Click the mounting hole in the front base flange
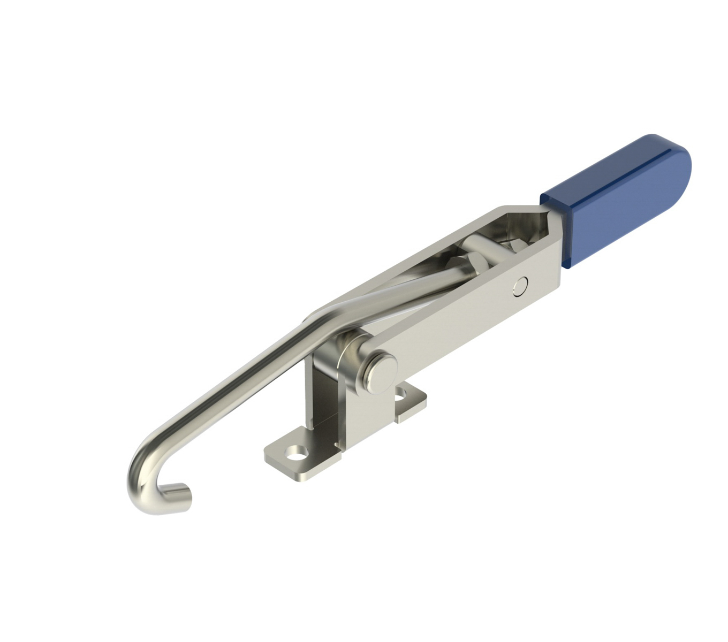(294, 457)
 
